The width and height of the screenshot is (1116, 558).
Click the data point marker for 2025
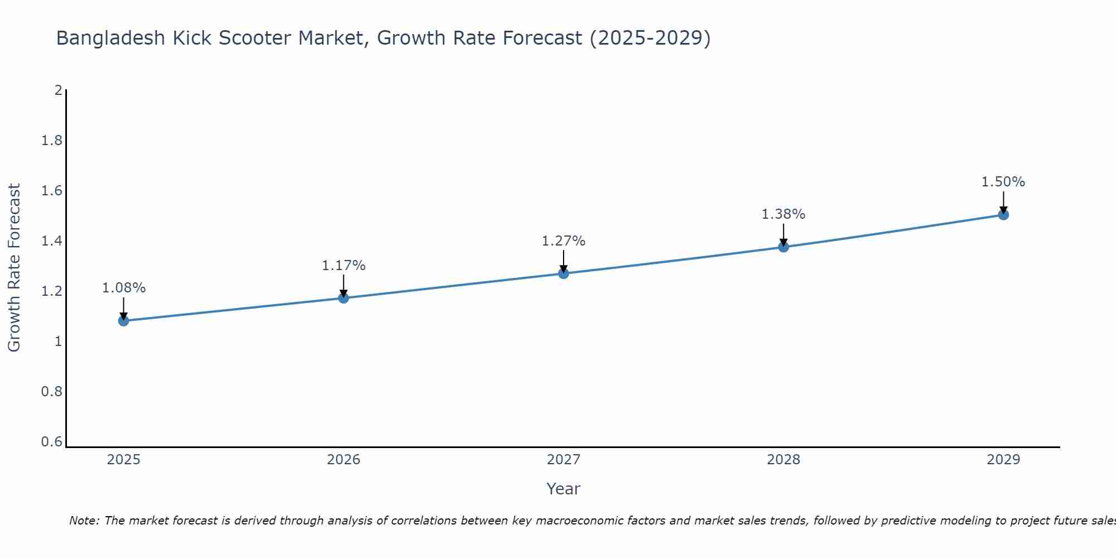123,321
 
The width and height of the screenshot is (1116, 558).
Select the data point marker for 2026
344,298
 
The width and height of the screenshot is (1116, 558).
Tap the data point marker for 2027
564,273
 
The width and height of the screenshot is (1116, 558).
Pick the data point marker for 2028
783,247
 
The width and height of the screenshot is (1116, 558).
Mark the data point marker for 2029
1003,215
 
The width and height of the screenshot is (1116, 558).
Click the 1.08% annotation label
123,288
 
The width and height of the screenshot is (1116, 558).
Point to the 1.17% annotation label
344,266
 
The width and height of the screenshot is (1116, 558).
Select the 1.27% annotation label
564,241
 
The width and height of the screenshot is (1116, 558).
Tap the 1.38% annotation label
783,214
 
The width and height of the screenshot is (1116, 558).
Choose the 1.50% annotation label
1003,182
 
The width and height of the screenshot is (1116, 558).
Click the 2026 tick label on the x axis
344,460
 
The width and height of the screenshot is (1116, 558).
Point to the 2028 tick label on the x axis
783,460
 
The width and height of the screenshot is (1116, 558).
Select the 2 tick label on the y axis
58,90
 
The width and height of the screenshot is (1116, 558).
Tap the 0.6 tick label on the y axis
52,442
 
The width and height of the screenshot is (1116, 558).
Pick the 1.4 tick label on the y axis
52,241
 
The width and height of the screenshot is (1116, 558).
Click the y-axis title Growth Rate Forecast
15,268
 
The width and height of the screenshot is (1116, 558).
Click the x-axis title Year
564,489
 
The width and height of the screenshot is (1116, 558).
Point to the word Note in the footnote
84,521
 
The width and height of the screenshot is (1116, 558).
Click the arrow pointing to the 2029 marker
1003,201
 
